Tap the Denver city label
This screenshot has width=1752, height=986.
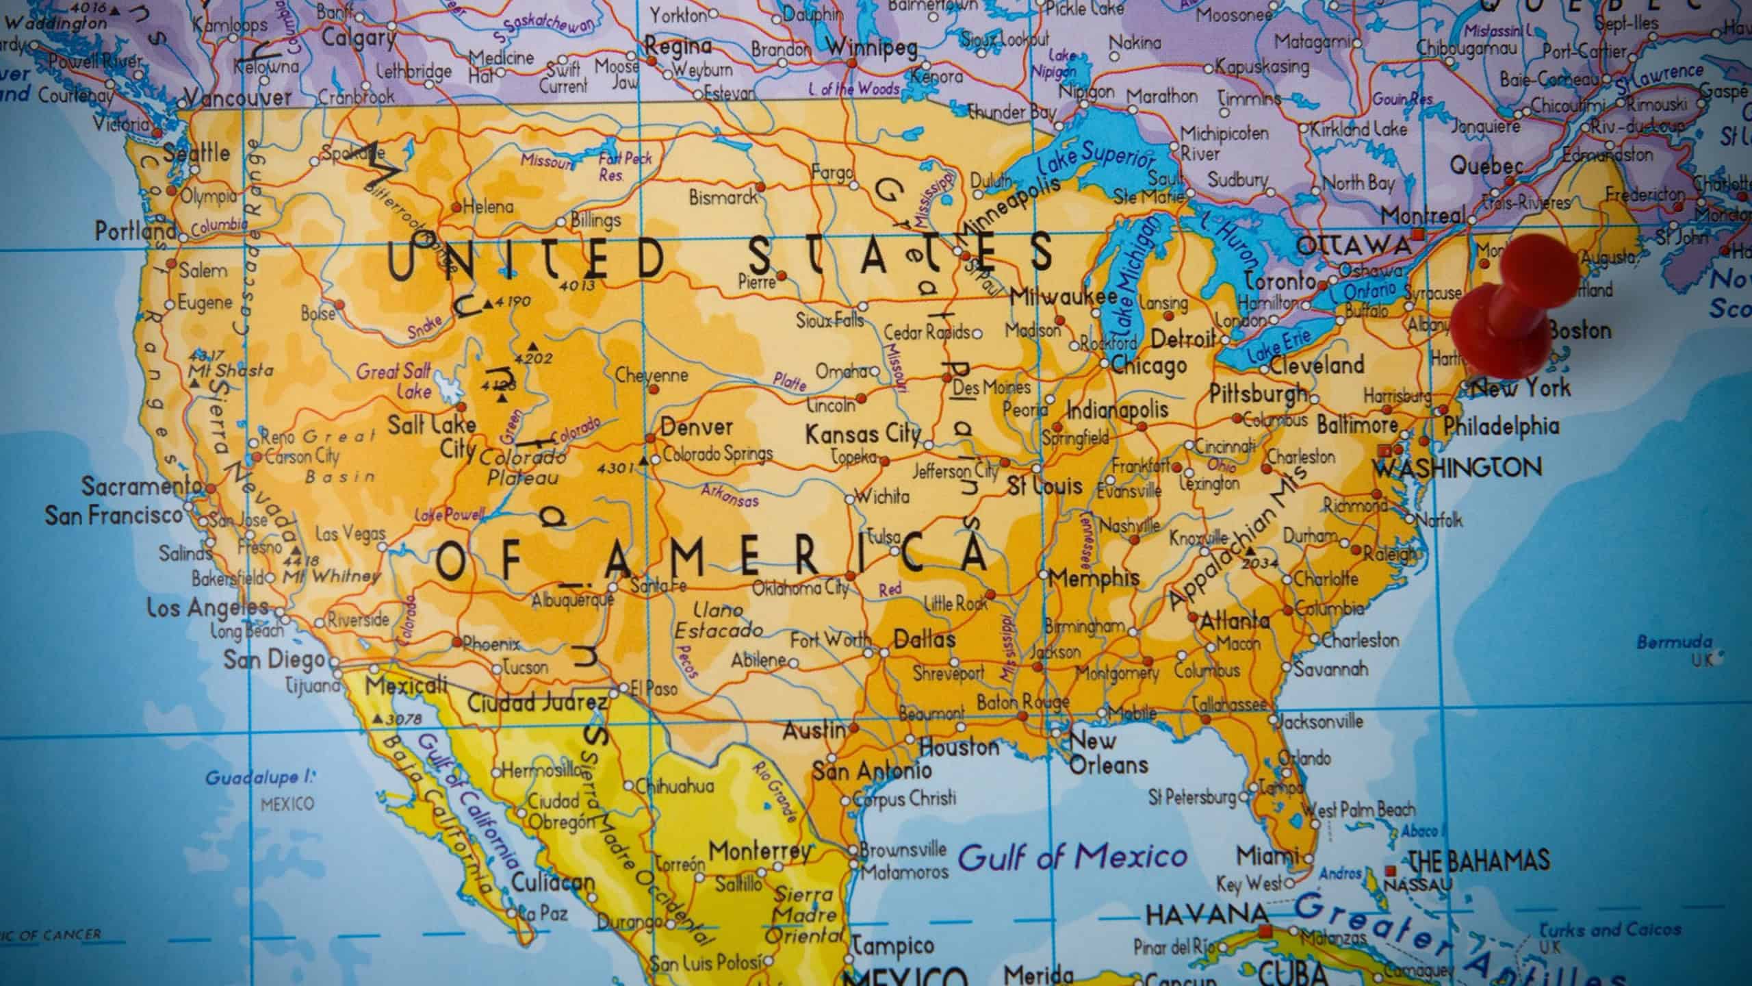(x=697, y=427)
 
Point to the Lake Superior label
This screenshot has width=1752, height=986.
(x=1094, y=162)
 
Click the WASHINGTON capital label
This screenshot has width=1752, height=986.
(x=1458, y=468)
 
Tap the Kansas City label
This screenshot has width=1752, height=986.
(x=863, y=434)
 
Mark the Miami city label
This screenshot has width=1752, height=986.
(x=1267, y=855)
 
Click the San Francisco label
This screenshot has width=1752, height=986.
(x=114, y=515)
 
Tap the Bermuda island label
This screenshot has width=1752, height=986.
(x=1674, y=643)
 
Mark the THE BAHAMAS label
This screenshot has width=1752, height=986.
(x=1478, y=860)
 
